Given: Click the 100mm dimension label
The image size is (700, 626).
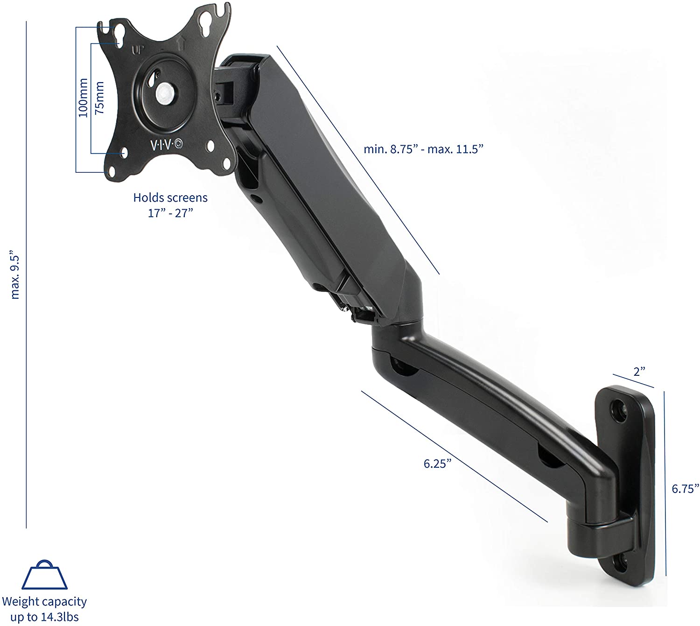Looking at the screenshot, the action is click(x=83, y=98).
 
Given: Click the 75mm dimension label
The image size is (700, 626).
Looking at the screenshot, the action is click(x=99, y=98).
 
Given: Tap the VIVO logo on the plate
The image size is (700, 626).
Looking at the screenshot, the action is click(x=167, y=145).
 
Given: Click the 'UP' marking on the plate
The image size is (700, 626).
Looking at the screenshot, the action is click(x=138, y=50).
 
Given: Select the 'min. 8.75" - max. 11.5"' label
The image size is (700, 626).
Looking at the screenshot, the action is click(x=423, y=149).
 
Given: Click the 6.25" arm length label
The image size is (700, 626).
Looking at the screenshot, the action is click(x=437, y=464).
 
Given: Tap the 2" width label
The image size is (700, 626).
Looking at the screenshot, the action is click(x=639, y=372).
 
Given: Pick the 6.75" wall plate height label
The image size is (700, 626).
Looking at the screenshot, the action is click(x=685, y=489).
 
